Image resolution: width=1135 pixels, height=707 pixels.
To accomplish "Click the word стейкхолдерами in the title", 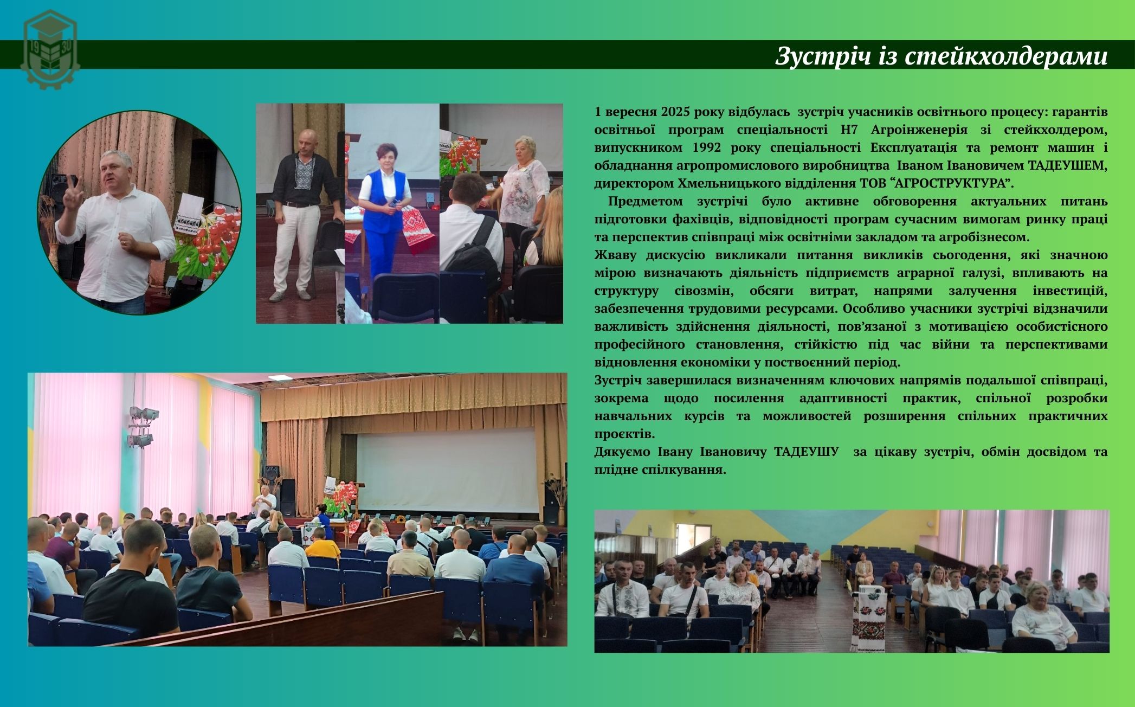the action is click(x=1007, y=56).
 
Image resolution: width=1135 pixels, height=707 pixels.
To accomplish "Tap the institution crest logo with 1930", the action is click(x=50, y=50).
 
